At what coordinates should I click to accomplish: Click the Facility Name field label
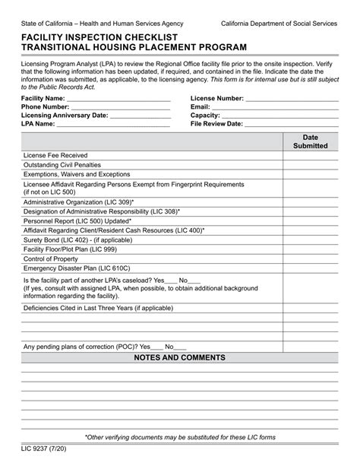[x=43, y=99]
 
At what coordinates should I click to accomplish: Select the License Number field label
[x=216, y=99]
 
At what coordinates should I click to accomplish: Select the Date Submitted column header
[x=310, y=141]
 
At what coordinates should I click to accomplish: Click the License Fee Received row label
[x=55, y=154]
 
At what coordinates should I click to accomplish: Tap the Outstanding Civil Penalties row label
[x=67, y=164]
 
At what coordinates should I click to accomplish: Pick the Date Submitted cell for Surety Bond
[x=310, y=239]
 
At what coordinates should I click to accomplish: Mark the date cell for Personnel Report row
[x=310, y=220]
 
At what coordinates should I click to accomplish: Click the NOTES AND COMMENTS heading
[x=179, y=357]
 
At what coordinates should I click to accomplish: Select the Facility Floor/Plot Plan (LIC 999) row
[x=70, y=249]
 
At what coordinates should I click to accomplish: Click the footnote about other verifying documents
[x=180, y=438]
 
